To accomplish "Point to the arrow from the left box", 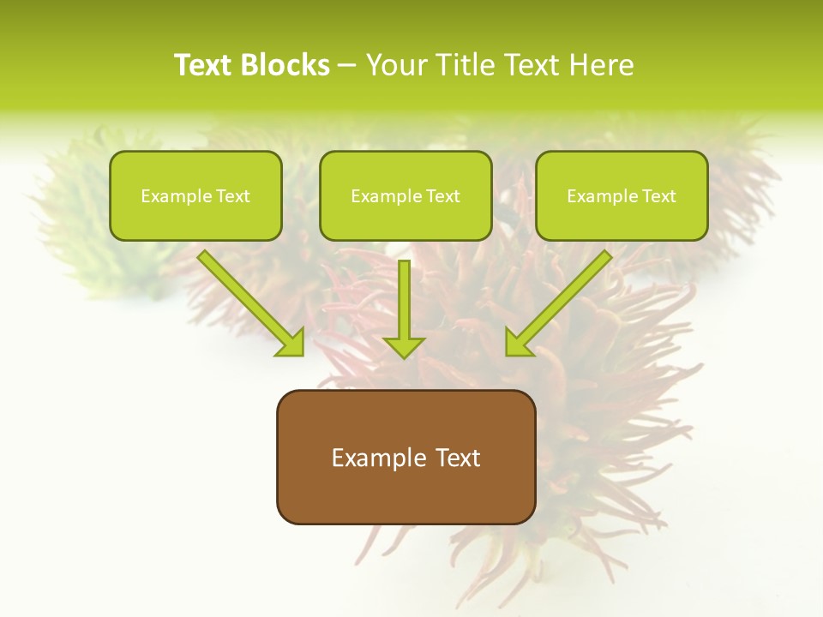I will pos(249,300).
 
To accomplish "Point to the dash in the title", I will pos(347,65).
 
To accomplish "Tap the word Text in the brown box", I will pos(457,458).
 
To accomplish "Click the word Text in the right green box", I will pos(658,196).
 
